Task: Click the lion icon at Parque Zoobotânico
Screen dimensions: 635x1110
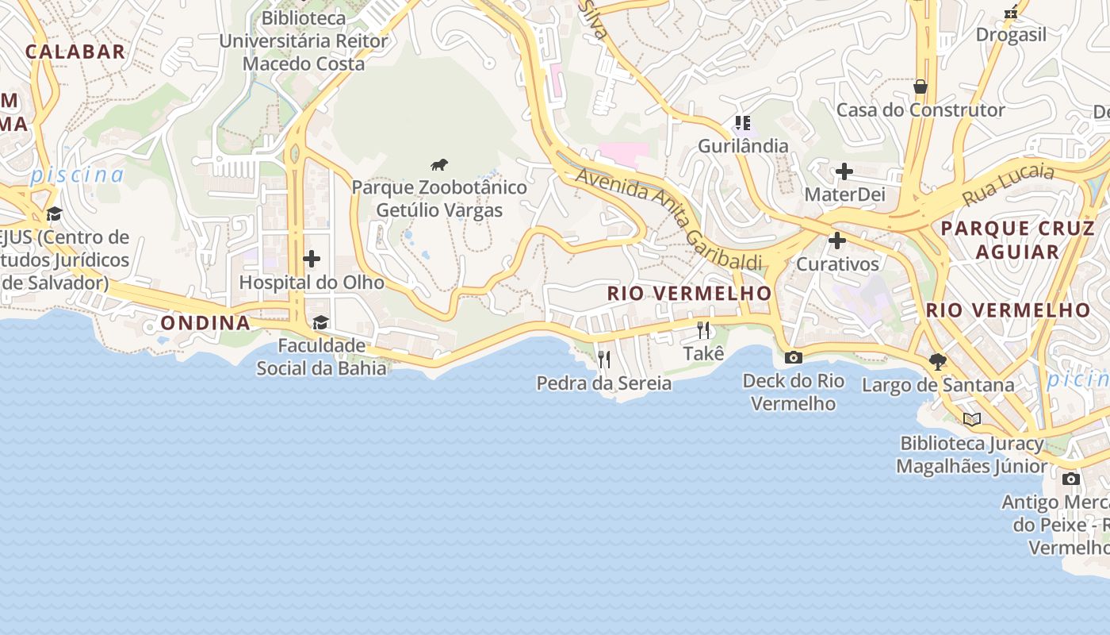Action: (439, 164)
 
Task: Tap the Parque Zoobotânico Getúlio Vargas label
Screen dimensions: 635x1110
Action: (439, 198)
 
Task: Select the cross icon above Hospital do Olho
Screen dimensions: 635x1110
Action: (312, 259)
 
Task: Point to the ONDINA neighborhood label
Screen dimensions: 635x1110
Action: (205, 322)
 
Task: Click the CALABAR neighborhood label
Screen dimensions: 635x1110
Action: (75, 52)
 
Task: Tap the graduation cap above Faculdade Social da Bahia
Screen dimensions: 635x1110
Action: (320, 322)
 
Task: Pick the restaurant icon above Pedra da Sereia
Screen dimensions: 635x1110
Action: (604, 360)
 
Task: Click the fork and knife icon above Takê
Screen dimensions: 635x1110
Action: (703, 330)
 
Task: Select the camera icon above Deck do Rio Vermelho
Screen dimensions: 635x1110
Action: (793, 357)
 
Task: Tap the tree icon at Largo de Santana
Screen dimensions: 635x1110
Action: (937, 362)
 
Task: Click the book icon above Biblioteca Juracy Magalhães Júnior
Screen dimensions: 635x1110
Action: (972, 419)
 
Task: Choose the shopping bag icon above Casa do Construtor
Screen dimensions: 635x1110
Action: (921, 86)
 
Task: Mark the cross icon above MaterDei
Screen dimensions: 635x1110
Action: (844, 171)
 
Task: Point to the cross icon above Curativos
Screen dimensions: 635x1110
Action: (837, 240)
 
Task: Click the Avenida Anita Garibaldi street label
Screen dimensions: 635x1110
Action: (668, 217)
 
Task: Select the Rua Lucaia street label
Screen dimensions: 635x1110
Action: (1009, 184)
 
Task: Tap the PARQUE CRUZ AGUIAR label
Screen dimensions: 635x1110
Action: (1017, 240)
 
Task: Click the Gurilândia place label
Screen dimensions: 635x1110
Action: (743, 146)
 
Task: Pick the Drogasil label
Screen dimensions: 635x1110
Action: (1011, 34)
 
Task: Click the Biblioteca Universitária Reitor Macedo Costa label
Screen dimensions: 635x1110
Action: (304, 40)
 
